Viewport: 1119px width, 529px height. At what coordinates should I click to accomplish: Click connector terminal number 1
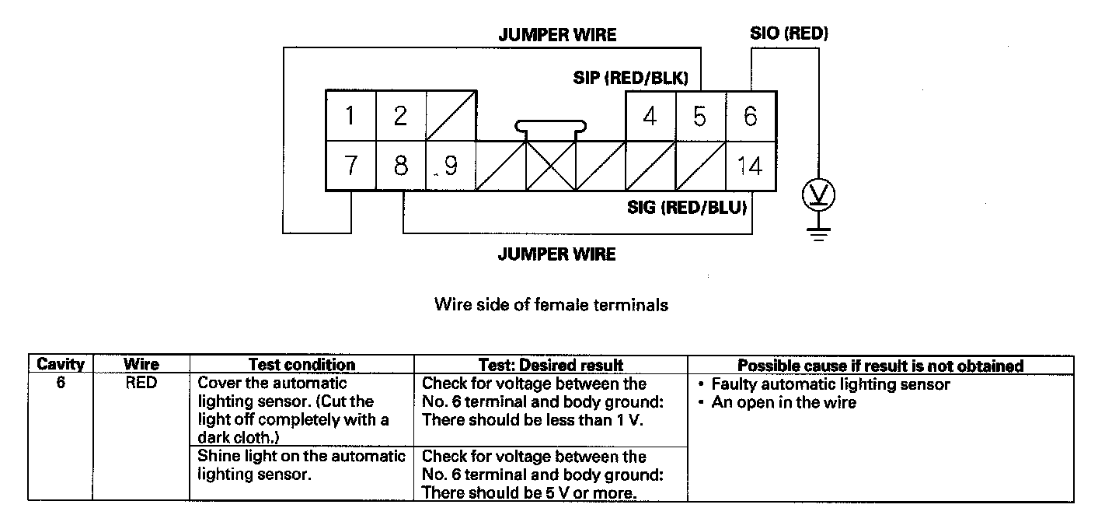[x=350, y=117]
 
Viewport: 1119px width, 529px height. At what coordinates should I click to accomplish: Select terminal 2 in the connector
[x=400, y=117]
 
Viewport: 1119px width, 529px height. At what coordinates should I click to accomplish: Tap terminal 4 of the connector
[x=650, y=117]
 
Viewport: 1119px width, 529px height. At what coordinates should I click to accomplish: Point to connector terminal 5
[x=700, y=117]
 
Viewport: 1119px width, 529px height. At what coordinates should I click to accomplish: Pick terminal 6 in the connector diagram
[x=750, y=117]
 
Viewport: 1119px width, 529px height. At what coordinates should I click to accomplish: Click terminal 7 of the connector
[x=350, y=166]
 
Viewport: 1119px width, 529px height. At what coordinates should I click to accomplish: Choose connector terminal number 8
[x=400, y=166]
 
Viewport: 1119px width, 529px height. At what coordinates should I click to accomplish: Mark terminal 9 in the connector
[x=450, y=166]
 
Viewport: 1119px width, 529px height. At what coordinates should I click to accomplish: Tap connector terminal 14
[x=750, y=166]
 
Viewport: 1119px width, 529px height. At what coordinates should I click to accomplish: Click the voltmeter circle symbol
[x=817, y=193]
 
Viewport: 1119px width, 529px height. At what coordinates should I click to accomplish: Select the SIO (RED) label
[x=789, y=34]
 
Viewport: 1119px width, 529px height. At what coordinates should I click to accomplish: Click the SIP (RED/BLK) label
[x=630, y=78]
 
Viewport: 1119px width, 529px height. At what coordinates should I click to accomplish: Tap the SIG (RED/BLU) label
[x=687, y=208]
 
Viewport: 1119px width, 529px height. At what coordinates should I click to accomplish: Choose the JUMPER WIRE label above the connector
[x=557, y=35]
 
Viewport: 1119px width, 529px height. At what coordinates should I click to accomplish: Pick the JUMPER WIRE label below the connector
[x=556, y=254]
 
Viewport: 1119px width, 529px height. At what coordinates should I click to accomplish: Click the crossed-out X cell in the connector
[x=551, y=166]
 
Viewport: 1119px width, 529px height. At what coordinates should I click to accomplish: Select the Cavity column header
[x=61, y=365]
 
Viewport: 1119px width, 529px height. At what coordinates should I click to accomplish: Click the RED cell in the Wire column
[x=141, y=384]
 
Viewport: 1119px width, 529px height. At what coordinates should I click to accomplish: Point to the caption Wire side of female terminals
[x=551, y=305]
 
